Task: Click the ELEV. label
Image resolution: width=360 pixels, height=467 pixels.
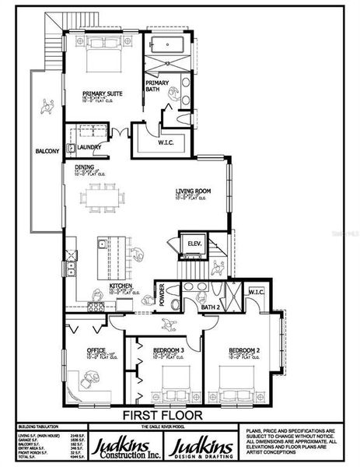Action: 194,245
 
